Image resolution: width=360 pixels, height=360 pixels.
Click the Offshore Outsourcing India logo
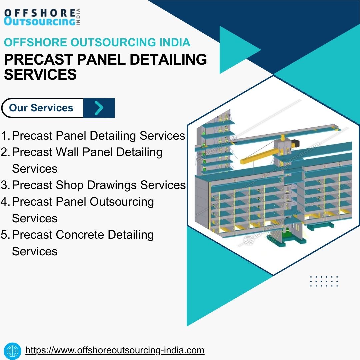42,17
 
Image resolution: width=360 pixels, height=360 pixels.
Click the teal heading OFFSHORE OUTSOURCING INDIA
97,42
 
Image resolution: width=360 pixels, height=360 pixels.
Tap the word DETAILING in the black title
168,59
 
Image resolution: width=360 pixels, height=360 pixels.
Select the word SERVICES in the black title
40,74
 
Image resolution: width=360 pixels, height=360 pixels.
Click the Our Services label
41,108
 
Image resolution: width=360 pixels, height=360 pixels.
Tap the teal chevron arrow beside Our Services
99,108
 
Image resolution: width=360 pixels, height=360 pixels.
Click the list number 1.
5,136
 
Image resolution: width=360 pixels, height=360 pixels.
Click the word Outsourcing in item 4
122,202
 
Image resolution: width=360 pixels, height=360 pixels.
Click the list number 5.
5,235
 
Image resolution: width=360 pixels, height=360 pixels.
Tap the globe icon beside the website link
13,351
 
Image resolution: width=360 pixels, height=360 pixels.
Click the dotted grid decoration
324,281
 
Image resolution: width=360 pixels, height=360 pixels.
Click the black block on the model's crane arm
295,143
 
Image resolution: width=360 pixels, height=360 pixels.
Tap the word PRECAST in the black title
39,59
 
